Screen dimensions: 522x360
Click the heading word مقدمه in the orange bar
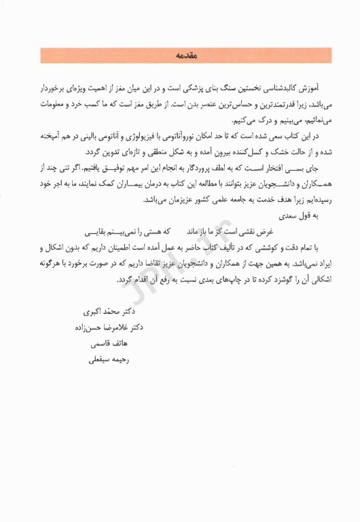coord(180,56)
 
